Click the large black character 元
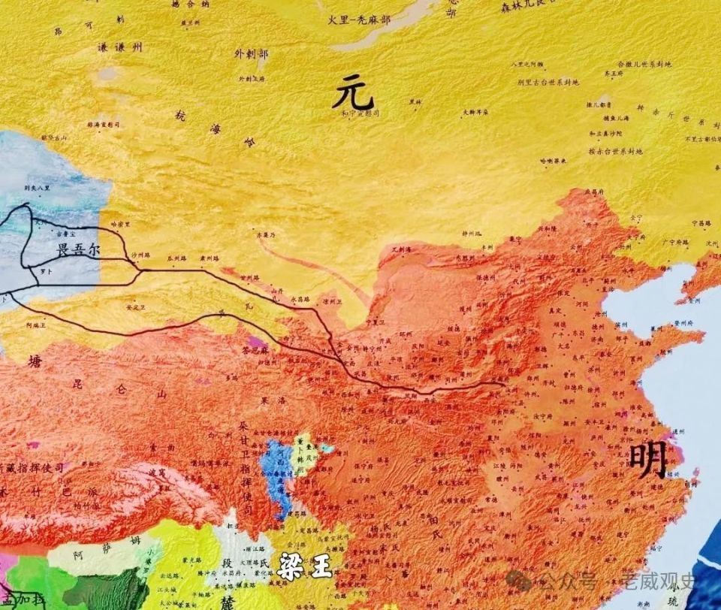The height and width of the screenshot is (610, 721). [x=354, y=94]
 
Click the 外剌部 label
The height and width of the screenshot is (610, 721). [x=251, y=54]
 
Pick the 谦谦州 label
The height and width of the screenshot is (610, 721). [x=119, y=47]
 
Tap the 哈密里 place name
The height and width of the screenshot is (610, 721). [x=120, y=224]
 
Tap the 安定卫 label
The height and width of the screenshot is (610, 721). [x=134, y=307]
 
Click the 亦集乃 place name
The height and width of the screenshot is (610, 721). [x=266, y=235]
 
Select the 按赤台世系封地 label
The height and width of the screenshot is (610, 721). [x=615, y=151]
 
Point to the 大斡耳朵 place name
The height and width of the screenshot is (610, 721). [x=475, y=113]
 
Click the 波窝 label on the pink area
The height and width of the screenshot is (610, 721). [x=155, y=472]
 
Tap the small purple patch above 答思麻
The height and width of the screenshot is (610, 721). [x=258, y=342]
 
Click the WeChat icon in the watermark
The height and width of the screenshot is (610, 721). [x=519, y=580]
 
